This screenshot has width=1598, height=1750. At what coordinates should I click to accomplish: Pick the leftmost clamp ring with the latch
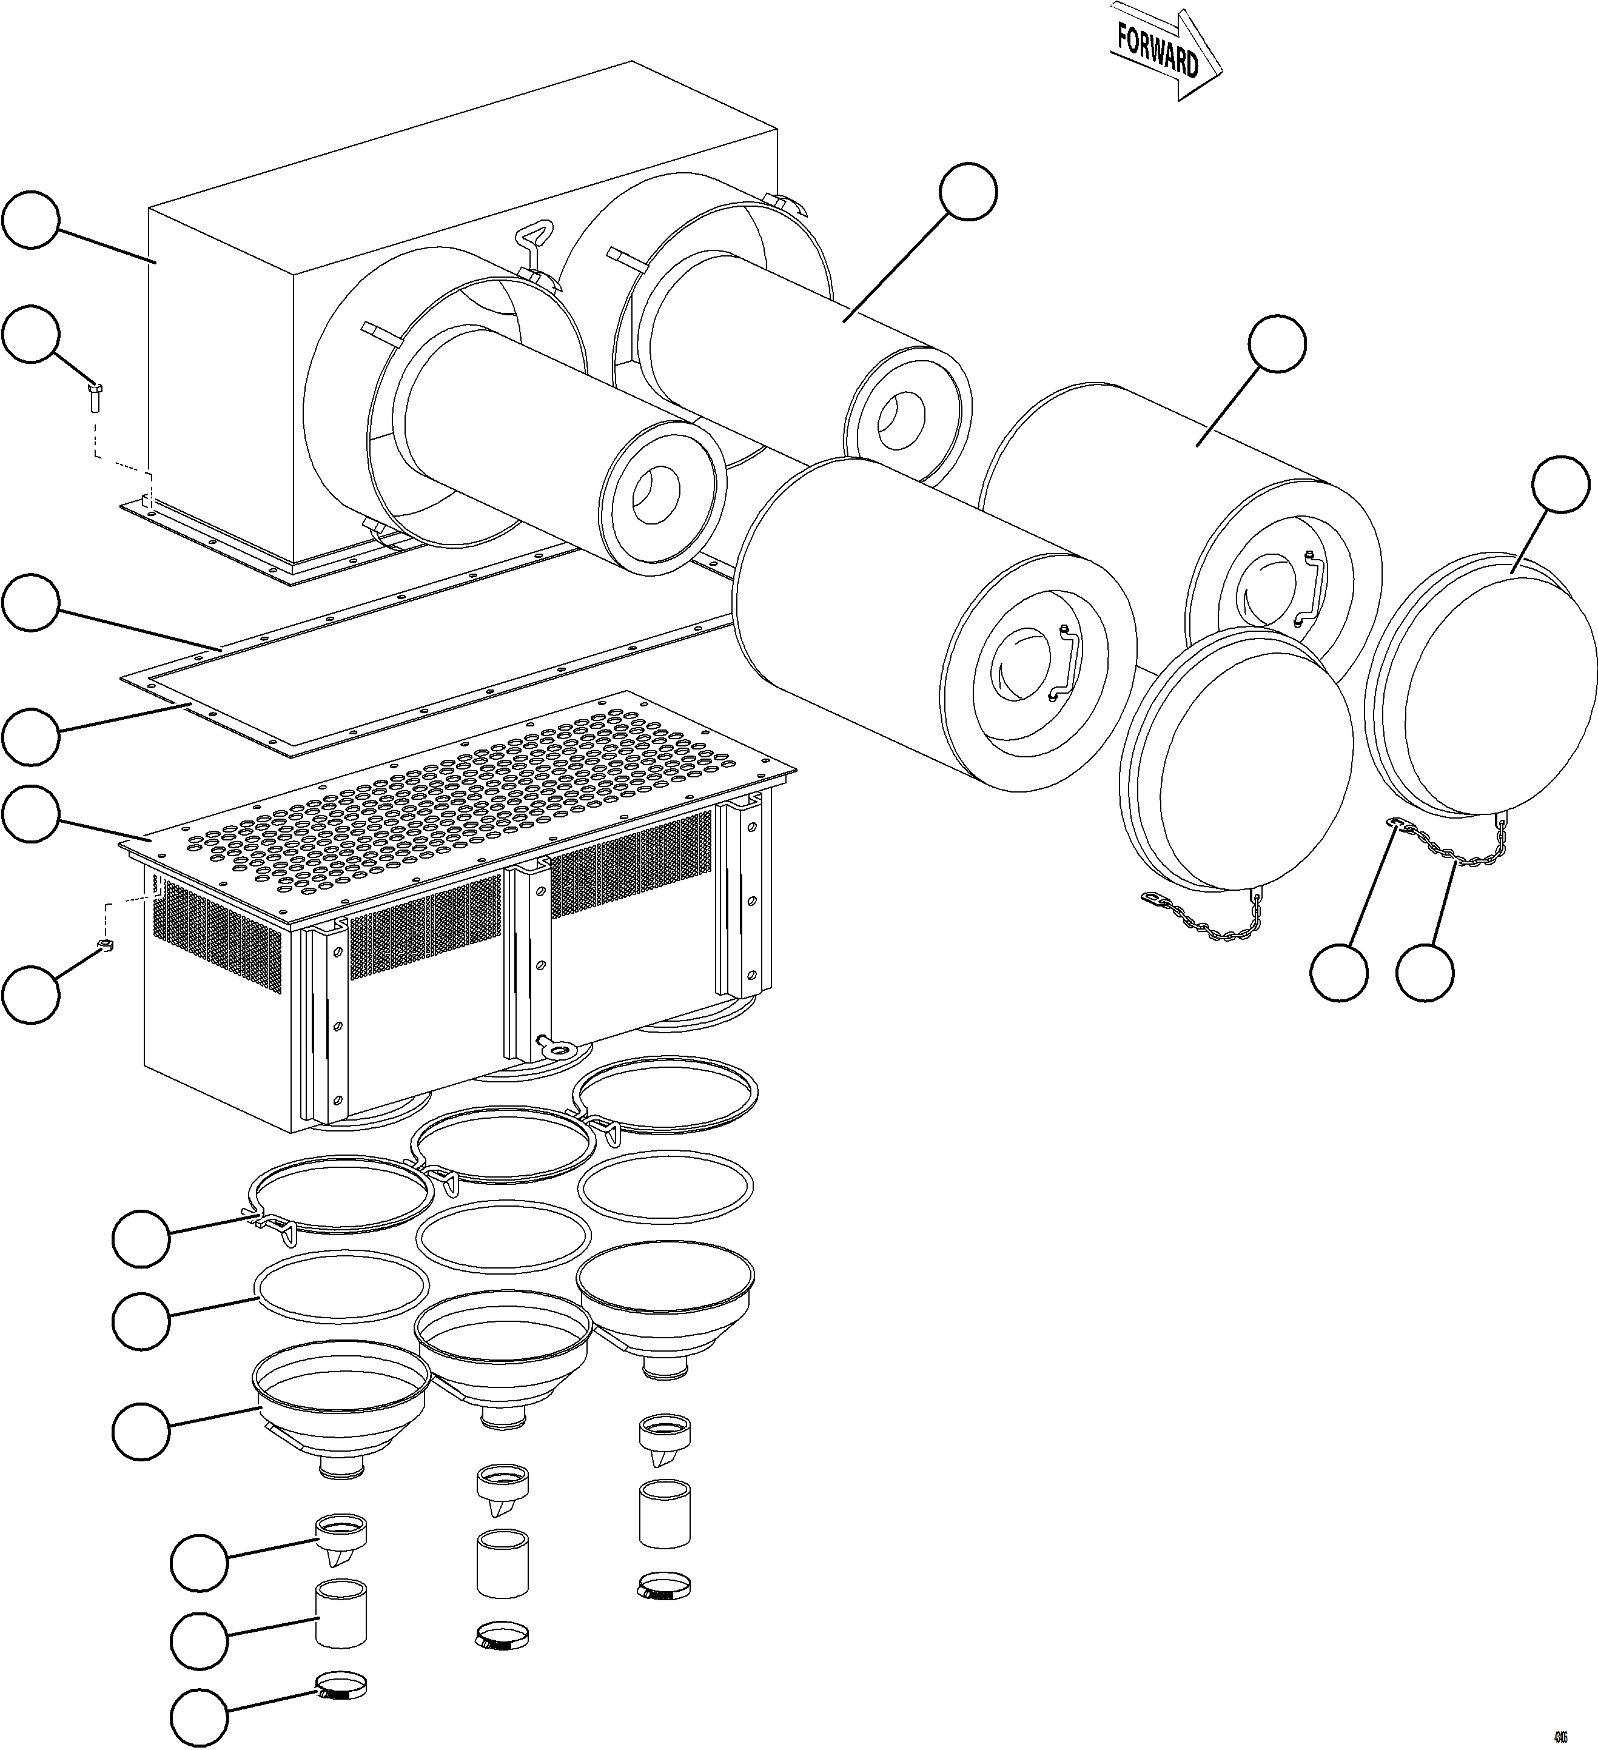pyautogui.click(x=340, y=1193)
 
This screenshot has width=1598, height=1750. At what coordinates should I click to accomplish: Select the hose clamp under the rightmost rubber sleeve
pyautogui.click(x=666, y=1587)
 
